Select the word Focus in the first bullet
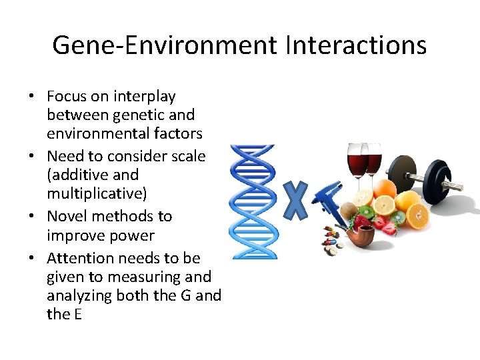pyautogui.click(x=68, y=97)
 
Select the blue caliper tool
pyautogui.click(x=331, y=200)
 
